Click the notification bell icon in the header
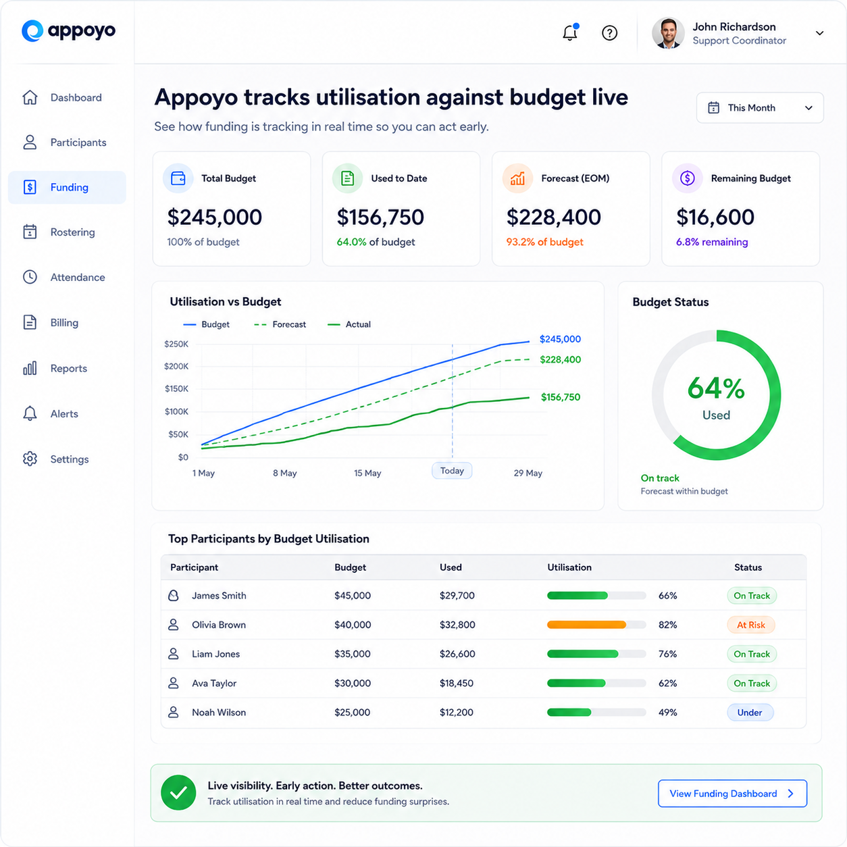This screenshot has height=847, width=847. [x=570, y=32]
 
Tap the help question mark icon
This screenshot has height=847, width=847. [x=609, y=33]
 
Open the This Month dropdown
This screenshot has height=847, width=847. [x=760, y=107]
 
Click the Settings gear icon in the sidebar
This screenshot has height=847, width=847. [x=30, y=459]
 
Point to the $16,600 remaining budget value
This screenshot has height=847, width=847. [x=715, y=217]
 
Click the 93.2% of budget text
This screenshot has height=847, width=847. [x=544, y=242]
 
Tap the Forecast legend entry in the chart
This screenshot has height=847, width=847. [x=280, y=324]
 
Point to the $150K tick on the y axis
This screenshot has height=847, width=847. [x=176, y=389]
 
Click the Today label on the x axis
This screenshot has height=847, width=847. [x=452, y=471]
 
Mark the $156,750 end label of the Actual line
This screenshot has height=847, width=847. [x=561, y=397]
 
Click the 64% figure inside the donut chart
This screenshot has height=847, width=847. [x=716, y=388]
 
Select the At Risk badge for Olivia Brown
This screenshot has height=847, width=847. [x=750, y=625]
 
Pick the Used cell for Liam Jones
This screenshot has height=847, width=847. [x=457, y=654]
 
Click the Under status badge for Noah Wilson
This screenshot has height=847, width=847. [x=750, y=713]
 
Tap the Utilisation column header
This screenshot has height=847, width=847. [x=569, y=567]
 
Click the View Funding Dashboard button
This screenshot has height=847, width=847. [x=732, y=794]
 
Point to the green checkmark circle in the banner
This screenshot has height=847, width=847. [x=178, y=792]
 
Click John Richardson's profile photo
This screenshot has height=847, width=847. [x=667, y=33]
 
